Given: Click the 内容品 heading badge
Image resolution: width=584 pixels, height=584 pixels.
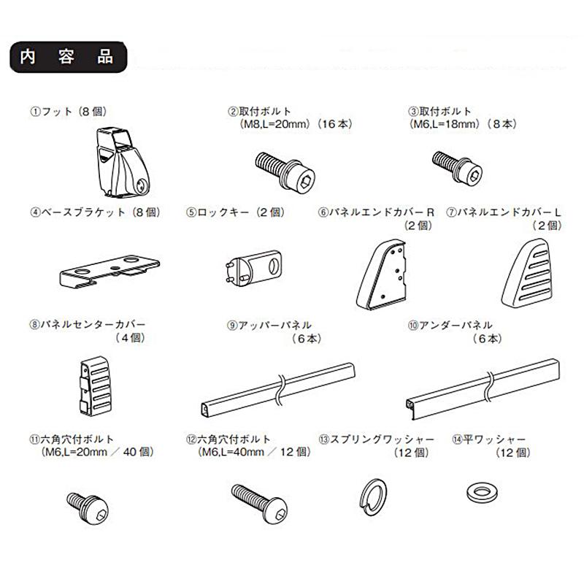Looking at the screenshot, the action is (x=69, y=57).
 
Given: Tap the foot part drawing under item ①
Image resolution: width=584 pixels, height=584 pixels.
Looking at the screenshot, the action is (x=123, y=162).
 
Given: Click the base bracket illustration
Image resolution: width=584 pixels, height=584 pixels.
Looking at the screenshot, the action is (x=109, y=271).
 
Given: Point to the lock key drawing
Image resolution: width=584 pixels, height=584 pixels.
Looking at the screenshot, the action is (x=253, y=267).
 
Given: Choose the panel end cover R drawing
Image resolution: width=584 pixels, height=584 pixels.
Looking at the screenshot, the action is (x=381, y=274).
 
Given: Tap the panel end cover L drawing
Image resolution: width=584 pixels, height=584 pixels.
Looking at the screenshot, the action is (x=526, y=273).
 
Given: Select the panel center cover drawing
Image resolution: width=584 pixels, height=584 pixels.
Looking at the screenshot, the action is (x=96, y=386).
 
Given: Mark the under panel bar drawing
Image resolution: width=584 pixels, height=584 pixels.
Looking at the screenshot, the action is (x=483, y=389).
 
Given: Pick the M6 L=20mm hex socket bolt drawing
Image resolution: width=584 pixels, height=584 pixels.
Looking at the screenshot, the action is (x=88, y=508).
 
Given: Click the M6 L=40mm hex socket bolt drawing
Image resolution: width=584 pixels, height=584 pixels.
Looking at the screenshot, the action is (x=259, y=504).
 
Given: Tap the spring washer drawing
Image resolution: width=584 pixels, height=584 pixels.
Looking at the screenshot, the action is (x=373, y=497).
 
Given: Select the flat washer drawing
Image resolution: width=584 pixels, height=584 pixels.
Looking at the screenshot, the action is (x=482, y=493).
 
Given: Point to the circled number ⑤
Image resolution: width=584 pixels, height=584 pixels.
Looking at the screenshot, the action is (x=191, y=212).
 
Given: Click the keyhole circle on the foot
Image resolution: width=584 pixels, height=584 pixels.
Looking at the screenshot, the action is (x=142, y=185).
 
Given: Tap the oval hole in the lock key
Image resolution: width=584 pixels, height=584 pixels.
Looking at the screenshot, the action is (x=273, y=266).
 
